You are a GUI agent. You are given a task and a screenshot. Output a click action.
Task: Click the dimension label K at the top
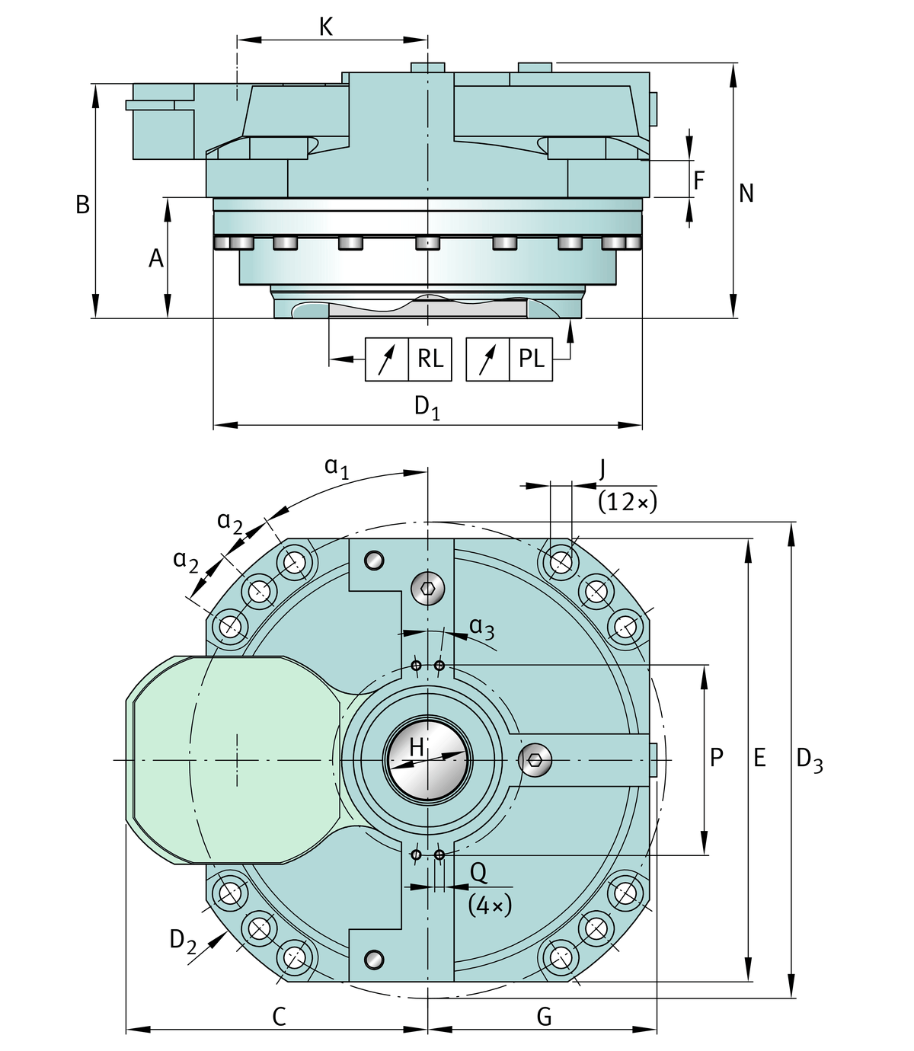tap(326, 27)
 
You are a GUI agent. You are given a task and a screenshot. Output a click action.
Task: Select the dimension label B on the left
tap(82, 205)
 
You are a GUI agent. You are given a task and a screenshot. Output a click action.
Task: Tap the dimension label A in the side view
tap(156, 259)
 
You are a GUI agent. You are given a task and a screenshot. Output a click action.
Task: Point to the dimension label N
tap(746, 193)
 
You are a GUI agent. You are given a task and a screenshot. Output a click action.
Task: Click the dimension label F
tap(699, 180)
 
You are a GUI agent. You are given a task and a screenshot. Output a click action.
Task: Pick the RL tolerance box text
tap(430, 358)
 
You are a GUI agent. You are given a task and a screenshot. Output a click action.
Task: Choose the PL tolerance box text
tap(531, 358)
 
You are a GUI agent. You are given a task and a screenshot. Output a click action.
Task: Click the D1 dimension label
tap(427, 407)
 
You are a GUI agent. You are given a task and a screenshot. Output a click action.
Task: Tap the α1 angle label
tap(336, 467)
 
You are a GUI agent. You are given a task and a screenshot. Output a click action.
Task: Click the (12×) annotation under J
tap(627, 502)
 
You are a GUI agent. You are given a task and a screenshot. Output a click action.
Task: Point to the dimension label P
tap(716, 758)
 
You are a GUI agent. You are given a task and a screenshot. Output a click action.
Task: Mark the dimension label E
tap(759, 758)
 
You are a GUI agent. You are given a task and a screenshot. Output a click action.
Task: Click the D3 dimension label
tap(809, 759)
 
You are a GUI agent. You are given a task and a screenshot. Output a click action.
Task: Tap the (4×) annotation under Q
tap(490, 905)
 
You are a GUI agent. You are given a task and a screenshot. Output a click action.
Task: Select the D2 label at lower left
tap(183, 941)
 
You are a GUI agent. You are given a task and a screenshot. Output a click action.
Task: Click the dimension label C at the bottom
tap(279, 1017)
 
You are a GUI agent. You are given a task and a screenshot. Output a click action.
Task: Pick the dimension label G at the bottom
tap(544, 1017)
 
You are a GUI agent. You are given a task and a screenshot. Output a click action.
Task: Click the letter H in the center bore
tap(416, 747)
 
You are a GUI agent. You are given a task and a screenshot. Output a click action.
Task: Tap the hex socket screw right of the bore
tap(535, 760)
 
